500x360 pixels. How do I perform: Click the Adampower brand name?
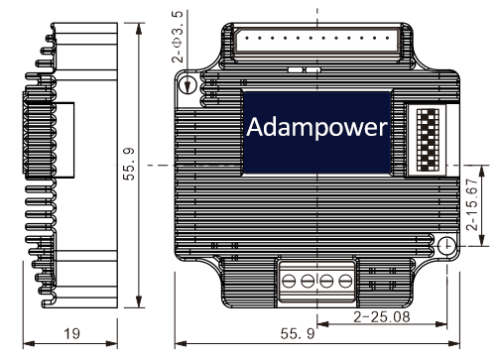point(316,128)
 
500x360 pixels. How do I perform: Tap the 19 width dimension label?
point(71,333)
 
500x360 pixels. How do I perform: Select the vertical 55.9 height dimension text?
point(129,164)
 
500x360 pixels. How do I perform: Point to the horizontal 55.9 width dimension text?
point(298,333)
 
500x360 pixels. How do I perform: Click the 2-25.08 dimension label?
point(382,316)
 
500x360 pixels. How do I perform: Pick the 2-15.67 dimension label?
point(472,204)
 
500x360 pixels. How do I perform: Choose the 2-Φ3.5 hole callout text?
point(178,37)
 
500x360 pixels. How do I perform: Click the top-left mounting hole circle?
point(187,83)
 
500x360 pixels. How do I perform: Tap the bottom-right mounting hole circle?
point(446,245)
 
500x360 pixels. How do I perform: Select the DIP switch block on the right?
point(428,140)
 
